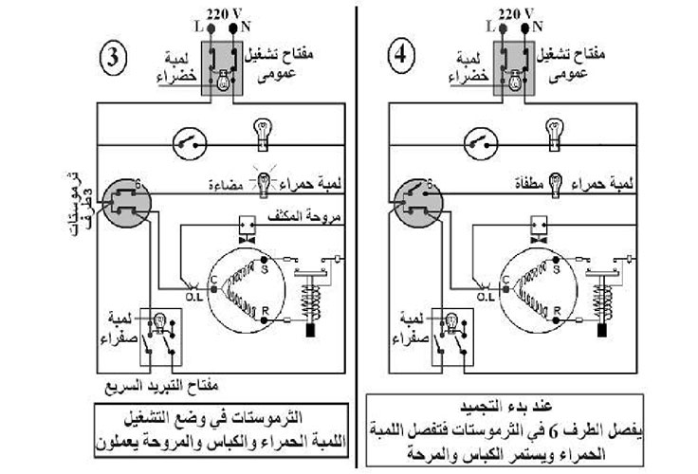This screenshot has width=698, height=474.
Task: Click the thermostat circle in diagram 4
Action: (x=415, y=195)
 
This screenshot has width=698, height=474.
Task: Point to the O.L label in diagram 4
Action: (x=484, y=297)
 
